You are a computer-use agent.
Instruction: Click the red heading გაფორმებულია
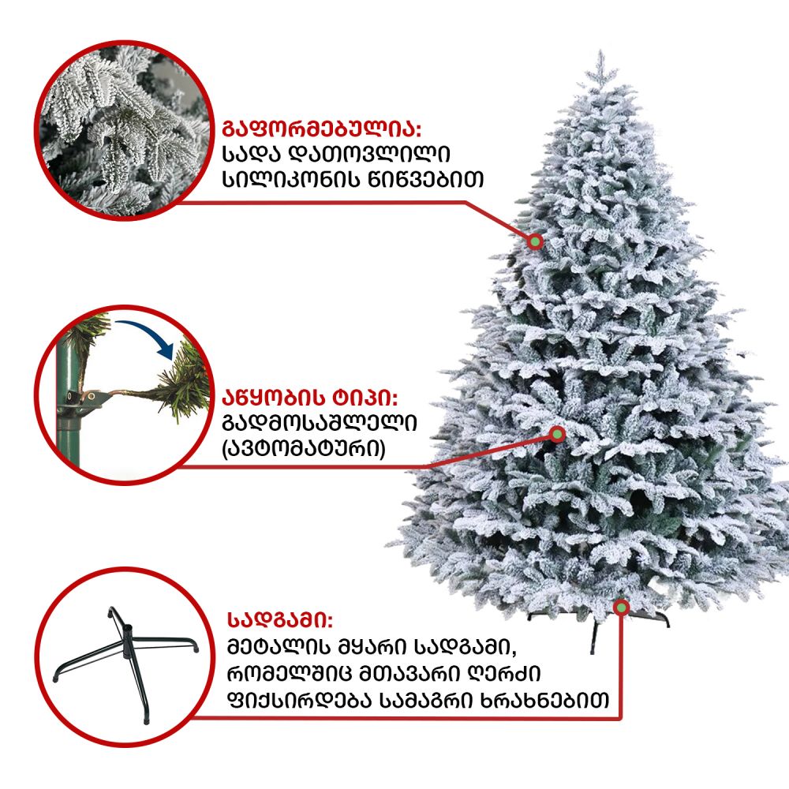[x=321, y=129]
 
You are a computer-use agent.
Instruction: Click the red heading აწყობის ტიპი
[x=310, y=398]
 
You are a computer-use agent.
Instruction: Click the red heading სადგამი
[x=280, y=620]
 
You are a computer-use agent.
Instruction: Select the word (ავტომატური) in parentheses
[x=304, y=448]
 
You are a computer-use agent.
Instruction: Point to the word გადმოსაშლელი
[x=320, y=423]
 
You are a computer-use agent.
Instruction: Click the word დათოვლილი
[x=371, y=154]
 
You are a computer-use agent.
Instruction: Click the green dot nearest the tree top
[x=536, y=241]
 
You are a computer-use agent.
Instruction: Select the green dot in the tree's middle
[x=557, y=434]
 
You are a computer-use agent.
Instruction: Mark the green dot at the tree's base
[x=622, y=608]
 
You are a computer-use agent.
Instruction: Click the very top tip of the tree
[x=600, y=50]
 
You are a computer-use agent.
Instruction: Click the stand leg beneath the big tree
[x=594, y=637]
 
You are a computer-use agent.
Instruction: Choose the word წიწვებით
[x=426, y=178]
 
